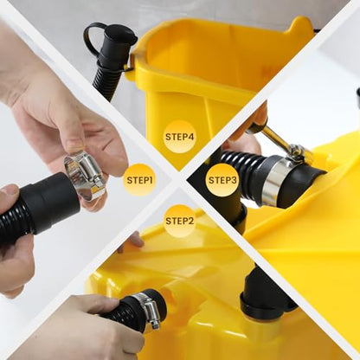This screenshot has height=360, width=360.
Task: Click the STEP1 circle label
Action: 139,180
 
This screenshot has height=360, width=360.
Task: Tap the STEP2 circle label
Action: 179,221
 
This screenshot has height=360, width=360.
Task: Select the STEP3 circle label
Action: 222,180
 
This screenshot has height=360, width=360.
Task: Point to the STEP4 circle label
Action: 179,137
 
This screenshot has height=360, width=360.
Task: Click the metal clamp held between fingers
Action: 84,176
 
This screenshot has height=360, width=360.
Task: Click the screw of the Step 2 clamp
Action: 155,324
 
